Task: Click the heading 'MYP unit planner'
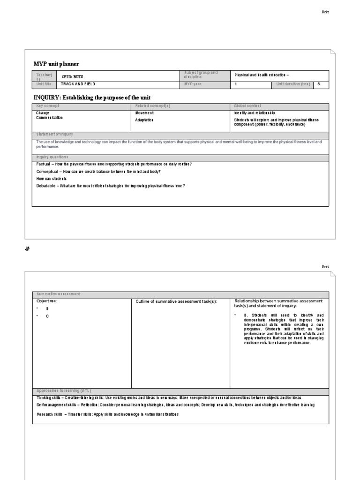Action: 56,64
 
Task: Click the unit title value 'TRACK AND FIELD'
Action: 78,84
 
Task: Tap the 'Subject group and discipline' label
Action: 201,75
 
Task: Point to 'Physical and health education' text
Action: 262,75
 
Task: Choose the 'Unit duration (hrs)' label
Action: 293,84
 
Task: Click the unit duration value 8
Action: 319,84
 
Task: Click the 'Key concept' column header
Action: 47,106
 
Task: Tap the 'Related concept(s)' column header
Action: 152,106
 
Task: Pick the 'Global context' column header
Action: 247,106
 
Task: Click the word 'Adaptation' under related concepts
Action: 144,120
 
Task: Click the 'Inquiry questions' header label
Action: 52,157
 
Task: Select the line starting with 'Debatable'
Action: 111,186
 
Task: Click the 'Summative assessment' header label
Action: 59,294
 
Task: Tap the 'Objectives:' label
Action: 47,301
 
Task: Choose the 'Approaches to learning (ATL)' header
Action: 65,390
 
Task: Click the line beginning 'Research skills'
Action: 107,414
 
